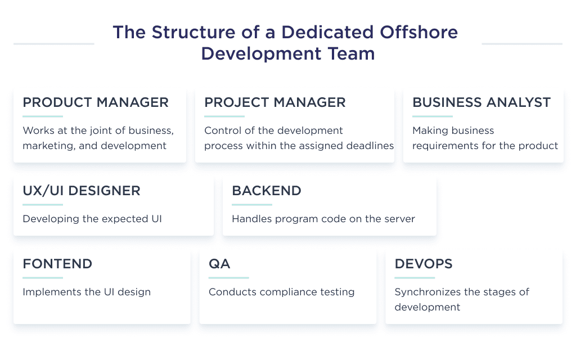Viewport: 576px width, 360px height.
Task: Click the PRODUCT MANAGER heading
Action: pos(96,102)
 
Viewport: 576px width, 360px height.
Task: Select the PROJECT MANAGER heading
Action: pos(275,102)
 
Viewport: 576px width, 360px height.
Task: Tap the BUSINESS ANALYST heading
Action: pos(481,102)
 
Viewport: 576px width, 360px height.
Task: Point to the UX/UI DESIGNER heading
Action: pos(82,191)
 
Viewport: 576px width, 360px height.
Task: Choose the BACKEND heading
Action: pos(267,191)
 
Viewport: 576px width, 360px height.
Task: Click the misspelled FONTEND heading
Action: pos(57,264)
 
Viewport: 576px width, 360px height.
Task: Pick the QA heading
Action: pos(219,264)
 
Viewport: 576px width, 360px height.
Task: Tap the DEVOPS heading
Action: pos(424,264)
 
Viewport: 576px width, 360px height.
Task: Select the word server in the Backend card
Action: pos(400,219)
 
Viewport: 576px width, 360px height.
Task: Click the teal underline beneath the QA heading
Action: pos(228,277)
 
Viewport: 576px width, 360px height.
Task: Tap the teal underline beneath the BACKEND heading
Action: pos(252,204)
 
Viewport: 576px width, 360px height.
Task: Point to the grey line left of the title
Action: pos(53,43)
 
